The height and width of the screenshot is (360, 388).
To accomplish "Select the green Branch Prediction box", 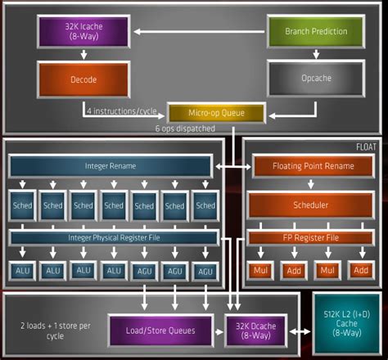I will click(315, 31).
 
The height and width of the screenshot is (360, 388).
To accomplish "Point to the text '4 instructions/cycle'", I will click(123, 110).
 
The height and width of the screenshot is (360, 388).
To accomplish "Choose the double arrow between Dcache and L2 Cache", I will click(299, 331).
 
